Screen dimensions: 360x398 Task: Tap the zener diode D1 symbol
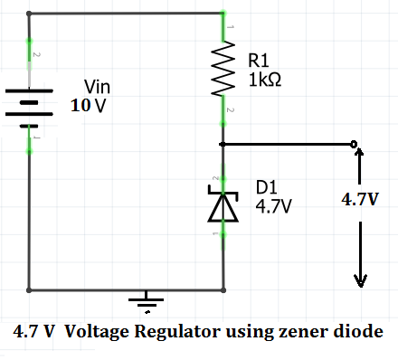point(223,204)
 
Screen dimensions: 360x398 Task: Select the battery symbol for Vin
point(30,102)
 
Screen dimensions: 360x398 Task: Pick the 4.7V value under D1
point(274,206)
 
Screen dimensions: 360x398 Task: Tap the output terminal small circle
point(354,143)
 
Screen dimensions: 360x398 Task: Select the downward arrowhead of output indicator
point(360,279)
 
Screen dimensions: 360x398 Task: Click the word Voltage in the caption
point(95,331)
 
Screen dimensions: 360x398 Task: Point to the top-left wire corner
point(30,14)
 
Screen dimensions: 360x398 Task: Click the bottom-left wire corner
point(30,291)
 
